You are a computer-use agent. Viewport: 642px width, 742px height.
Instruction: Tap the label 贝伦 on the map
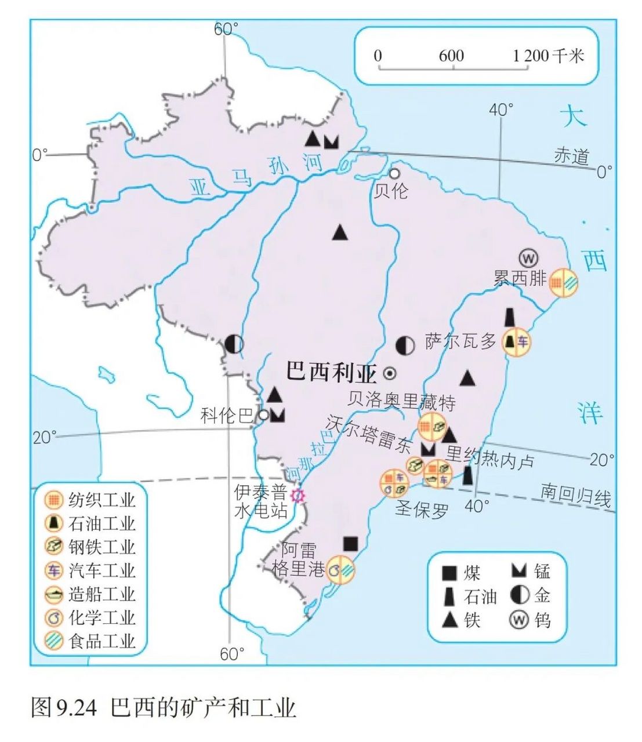click(x=390, y=191)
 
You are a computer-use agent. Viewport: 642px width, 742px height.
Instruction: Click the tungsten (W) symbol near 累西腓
click(x=528, y=257)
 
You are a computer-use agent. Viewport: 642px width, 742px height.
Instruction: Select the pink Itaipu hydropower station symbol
click(x=298, y=496)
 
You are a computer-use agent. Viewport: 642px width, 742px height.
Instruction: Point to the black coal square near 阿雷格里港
click(x=350, y=543)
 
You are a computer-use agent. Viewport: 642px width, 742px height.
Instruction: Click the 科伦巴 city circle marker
click(x=264, y=414)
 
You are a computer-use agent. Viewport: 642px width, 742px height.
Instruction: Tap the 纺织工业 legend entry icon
click(x=54, y=499)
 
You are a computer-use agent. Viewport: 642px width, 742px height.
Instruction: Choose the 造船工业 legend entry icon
click(x=54, y=594)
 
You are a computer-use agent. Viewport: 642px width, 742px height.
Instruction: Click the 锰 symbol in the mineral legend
click(x=518, y=571)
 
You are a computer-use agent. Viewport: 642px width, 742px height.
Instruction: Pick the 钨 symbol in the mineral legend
click(x=518, y=620)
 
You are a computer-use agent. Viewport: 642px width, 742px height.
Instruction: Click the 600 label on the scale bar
click(x=451, y=56)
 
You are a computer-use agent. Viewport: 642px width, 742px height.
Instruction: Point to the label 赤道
click(x=572, y=156)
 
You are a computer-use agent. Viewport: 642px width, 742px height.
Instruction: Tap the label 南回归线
click(x=576, y=496)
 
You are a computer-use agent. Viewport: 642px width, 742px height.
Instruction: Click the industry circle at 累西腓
click(x=563, y=283)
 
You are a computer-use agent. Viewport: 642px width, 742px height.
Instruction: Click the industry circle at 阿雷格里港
click(x=340, y=569)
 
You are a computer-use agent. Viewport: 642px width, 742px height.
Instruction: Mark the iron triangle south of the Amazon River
click(x=340, y=233)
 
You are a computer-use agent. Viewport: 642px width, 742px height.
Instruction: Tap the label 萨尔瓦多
click(x=460, y=341)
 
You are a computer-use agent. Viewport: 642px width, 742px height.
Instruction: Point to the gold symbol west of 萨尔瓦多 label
click(x=405, y=345)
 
